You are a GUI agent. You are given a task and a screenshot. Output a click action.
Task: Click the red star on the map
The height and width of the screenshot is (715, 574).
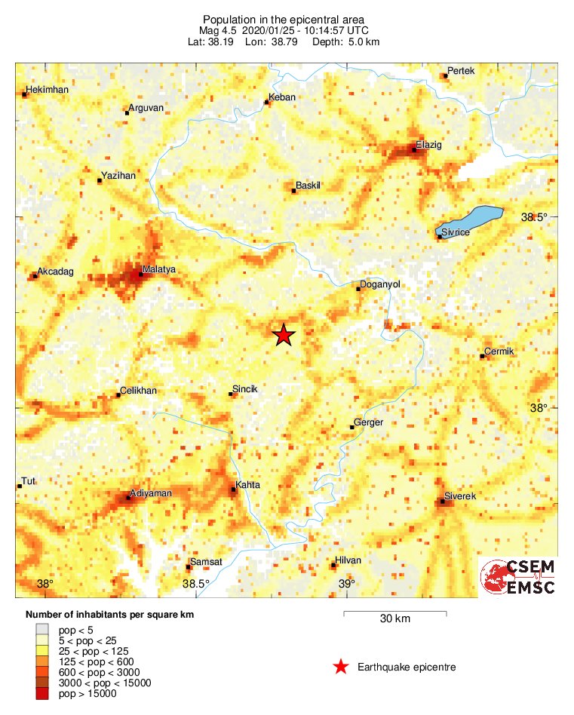click(284, 335)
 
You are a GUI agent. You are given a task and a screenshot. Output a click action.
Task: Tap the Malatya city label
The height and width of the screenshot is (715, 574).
click(158, 269)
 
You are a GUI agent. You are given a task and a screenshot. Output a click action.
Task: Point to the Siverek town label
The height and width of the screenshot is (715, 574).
click(460, 496)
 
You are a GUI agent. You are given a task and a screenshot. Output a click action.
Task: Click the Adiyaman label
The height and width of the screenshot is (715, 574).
click(152, 493)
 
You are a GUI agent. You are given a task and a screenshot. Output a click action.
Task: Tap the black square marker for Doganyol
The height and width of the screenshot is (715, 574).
click(358, 289)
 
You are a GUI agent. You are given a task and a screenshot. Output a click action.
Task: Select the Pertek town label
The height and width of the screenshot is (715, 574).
click(461, 71)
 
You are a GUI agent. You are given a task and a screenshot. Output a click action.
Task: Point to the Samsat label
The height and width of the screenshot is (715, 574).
click(206, 562)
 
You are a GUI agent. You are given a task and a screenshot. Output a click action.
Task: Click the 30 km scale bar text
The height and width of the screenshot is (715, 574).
click(394, 619)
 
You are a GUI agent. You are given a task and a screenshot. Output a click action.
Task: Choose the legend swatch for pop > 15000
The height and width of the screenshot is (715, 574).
click(42, 694)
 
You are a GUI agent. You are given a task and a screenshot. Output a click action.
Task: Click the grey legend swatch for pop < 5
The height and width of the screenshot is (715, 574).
click(42, 628)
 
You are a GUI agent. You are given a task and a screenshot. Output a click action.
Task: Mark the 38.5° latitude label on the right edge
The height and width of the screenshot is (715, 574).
click(535, 217)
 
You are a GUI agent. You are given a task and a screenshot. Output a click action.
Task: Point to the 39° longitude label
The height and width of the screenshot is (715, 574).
click(346, 584)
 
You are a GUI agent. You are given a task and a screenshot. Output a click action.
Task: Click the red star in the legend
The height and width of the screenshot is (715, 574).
click(341, 667)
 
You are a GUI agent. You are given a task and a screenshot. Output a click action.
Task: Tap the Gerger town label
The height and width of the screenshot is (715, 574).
click(369, 422)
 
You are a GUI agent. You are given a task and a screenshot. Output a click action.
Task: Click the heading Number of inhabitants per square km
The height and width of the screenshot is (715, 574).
click(110, 615)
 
